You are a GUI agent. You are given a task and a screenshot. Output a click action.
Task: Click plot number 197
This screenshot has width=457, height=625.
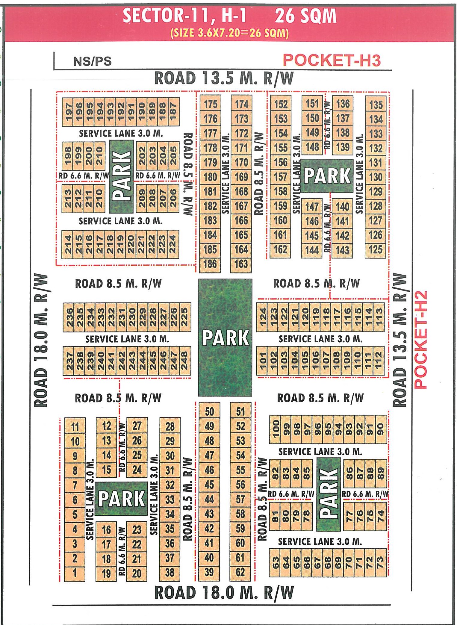pyautogui.click(x=69, y=111)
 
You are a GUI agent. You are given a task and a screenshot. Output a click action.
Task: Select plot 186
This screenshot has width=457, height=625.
pyautogui.click(x=210, y=264)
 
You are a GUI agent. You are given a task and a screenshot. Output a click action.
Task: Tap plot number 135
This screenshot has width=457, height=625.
pyautogui.click(x=376, y=105)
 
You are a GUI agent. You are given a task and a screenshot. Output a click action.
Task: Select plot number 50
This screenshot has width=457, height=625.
pyautogui.click(x=209, y=411)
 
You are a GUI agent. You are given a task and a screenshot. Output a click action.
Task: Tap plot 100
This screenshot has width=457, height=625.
pyautogui.click(x=276, y=429)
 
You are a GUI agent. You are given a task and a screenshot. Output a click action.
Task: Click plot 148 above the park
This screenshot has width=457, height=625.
pyautogui.click(x=312, y=147)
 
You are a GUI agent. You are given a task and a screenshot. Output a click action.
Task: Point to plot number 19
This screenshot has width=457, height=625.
pyautogui.click(x=106, y=573)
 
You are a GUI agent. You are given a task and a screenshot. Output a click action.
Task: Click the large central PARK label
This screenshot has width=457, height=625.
pyautogui.click(x=225, y=338)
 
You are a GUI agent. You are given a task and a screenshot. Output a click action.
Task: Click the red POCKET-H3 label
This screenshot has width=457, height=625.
pyautogui.click(x=332, y=60)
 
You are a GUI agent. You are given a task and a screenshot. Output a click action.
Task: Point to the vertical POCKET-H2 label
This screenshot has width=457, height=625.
pyautogui.click(x=420, y=340)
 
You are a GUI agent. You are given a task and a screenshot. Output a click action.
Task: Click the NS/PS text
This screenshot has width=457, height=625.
pyautogui.click(x=92, y=61)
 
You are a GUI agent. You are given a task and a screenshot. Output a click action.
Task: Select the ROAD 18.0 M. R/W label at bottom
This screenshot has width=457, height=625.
pyautogui.click(x=224, y=592)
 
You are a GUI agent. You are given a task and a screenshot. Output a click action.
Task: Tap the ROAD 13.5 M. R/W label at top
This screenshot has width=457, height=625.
pyautogui.click(x=224, y=78)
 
